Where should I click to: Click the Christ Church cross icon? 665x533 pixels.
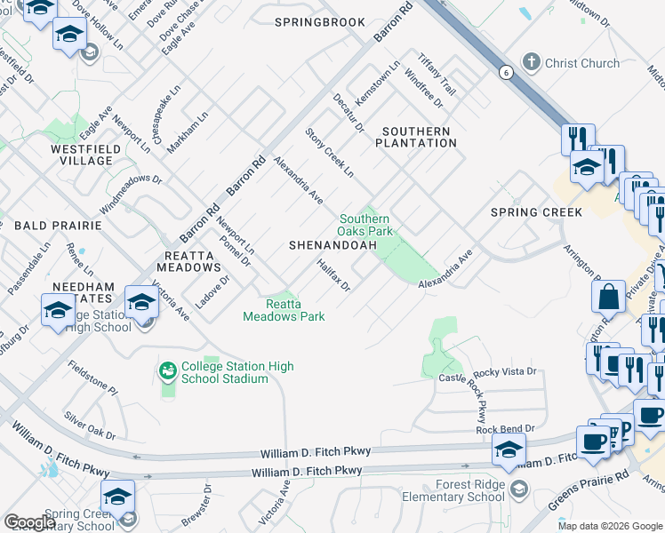[531, 63]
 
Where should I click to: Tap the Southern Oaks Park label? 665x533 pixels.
[365, 225]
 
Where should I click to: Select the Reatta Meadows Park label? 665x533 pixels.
[284, 310]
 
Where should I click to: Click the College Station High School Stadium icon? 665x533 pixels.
[167, 369]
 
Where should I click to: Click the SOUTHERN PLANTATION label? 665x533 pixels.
[416, 137]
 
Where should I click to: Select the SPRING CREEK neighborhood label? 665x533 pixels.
[536, 212]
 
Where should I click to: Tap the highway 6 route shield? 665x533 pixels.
[504, 73]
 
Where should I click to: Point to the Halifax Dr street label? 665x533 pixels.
[334, 275]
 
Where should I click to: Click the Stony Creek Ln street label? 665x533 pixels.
[329, 151]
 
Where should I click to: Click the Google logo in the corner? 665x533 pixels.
[29, 522]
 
